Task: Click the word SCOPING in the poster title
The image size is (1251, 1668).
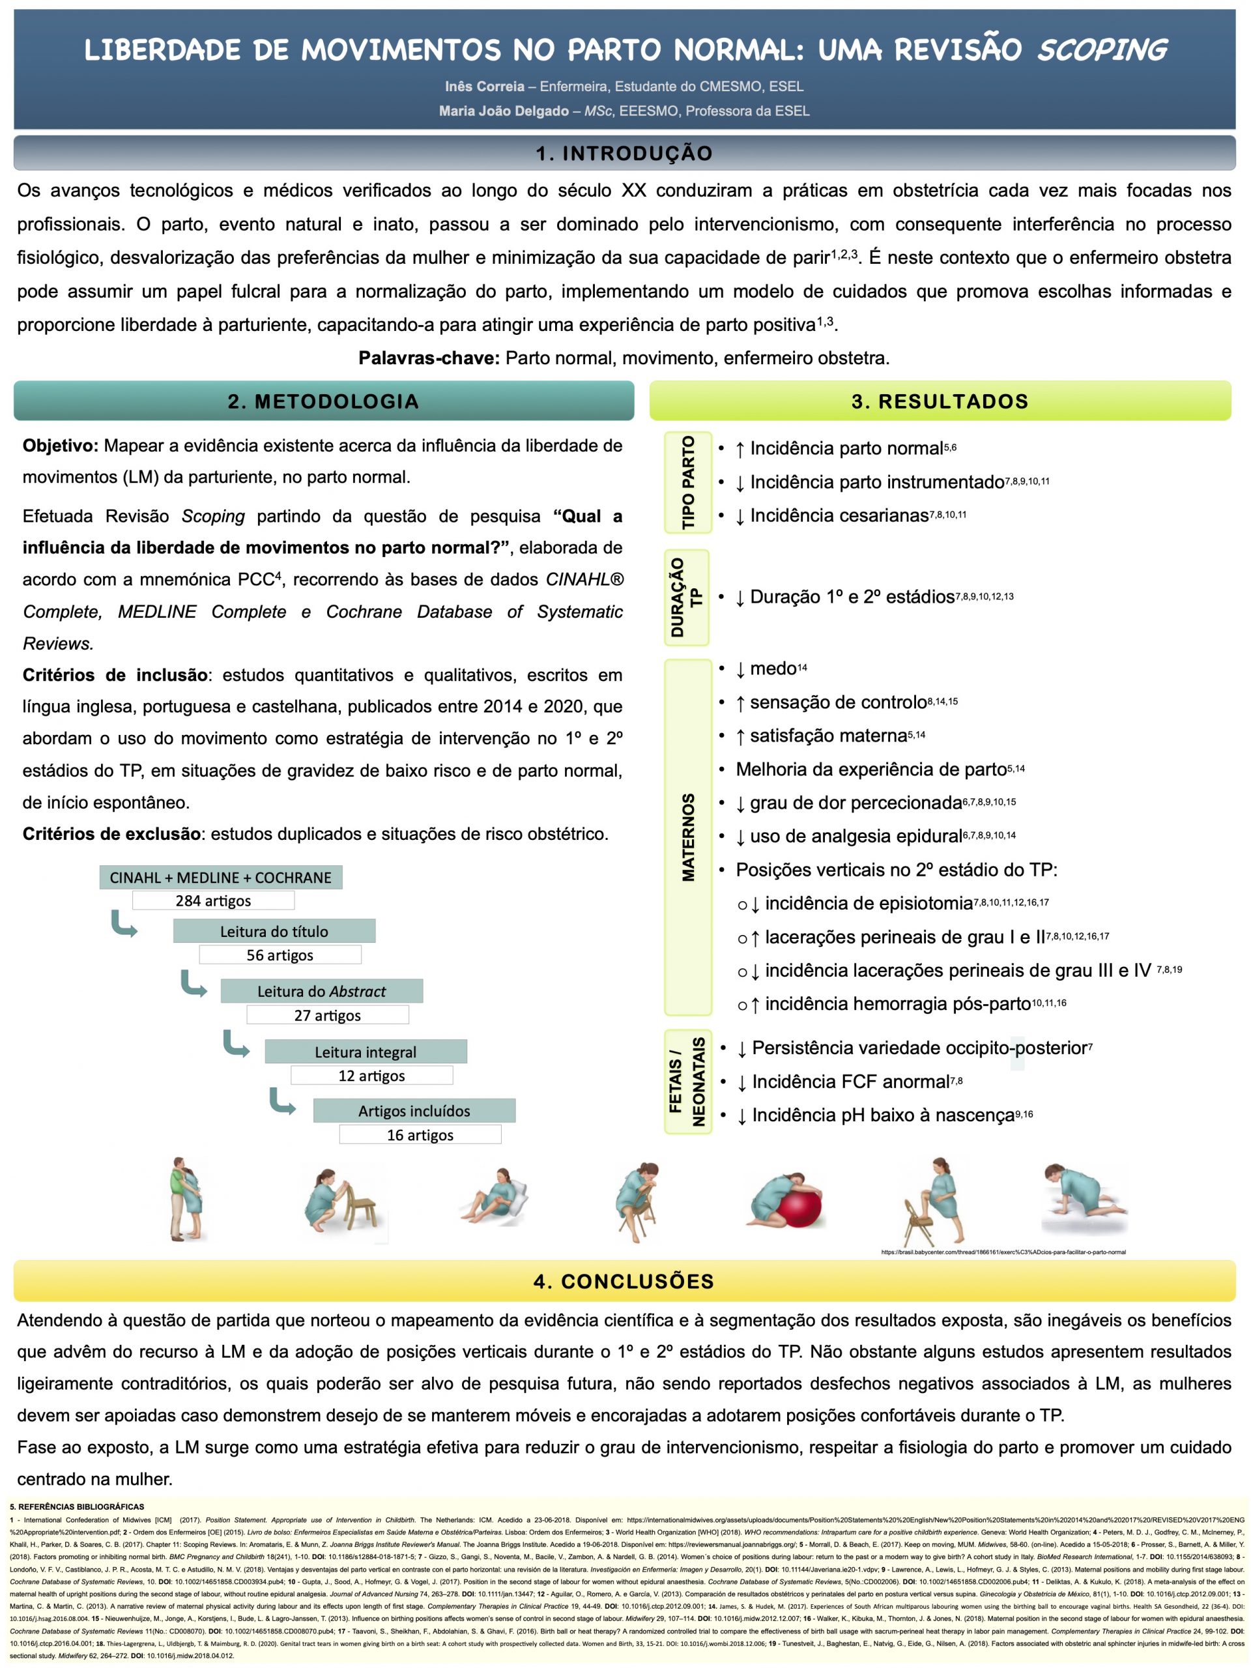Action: tap(1101, 51)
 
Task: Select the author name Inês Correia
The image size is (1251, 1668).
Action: tap(484, 87)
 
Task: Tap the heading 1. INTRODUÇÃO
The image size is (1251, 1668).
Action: tap(624, 153)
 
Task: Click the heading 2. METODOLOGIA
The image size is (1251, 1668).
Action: tap(323, 401)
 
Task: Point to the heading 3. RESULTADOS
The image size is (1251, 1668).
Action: tap(940, 401)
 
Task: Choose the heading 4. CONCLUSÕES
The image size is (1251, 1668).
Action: tap(624, 1281)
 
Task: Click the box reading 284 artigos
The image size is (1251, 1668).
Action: tap(214, 900)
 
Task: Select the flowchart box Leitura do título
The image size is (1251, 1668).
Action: tap(274, 931)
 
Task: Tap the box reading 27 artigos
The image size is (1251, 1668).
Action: tap(327, 1015)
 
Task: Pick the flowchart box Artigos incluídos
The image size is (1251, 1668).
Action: tap(414, 1111)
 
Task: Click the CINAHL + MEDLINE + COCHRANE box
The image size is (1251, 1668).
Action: tap(220, 878)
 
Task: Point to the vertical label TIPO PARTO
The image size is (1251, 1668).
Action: tap(687, 482)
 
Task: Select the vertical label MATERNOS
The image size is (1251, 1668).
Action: tap(687, 837)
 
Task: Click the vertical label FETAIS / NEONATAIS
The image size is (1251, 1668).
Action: tap(687, 1082)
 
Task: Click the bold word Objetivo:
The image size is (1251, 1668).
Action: tap(61, 446)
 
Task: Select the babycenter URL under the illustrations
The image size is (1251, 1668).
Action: tap(1003, 1252)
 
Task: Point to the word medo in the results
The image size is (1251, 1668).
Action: tap(773, 669)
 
